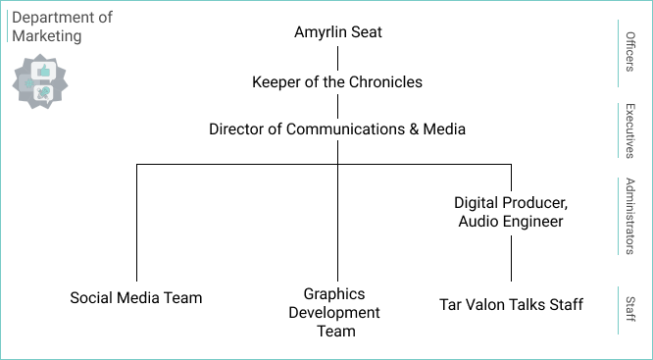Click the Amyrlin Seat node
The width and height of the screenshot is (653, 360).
click(x=337, y=32)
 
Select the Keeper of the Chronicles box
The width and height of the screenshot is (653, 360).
click(x=337, y=81)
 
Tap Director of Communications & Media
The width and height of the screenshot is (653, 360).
click(x=337, y=129)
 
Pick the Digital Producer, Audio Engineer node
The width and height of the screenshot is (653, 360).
click(x=511, y=212)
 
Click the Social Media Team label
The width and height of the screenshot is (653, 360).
click(x=136, y=297)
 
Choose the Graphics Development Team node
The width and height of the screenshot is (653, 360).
click(x=334, y=312)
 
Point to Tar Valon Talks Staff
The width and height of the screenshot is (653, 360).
click(x=511, y=304)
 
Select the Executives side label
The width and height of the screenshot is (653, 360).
click(x=630, y=130)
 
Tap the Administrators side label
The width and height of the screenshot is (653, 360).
click(x=630, y=216)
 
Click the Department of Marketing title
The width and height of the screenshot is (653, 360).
click(x=61, y=26)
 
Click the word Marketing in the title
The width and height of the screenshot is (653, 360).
click(x=47, y=35)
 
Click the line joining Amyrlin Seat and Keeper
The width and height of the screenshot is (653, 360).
click(x=337, y=57)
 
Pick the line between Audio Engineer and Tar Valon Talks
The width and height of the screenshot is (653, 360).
click(x=511, y=259)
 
